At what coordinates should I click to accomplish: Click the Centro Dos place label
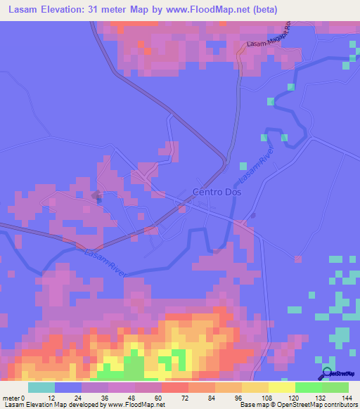217,192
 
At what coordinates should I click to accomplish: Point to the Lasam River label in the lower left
106,264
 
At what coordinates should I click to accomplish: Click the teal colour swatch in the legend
41,387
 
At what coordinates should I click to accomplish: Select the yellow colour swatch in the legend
282,387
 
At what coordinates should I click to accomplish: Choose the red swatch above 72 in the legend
175,387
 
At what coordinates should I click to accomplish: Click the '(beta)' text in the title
266,9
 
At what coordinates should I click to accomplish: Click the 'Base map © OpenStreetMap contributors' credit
297,405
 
